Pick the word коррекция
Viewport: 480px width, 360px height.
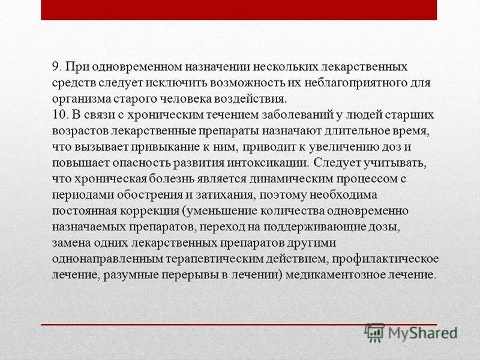152,211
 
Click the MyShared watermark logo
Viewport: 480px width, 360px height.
410,332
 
